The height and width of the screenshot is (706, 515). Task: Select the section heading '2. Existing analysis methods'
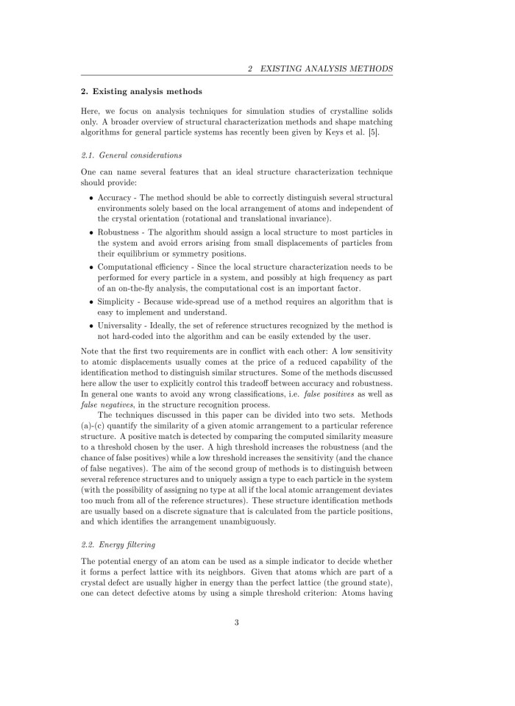pos(140,91)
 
